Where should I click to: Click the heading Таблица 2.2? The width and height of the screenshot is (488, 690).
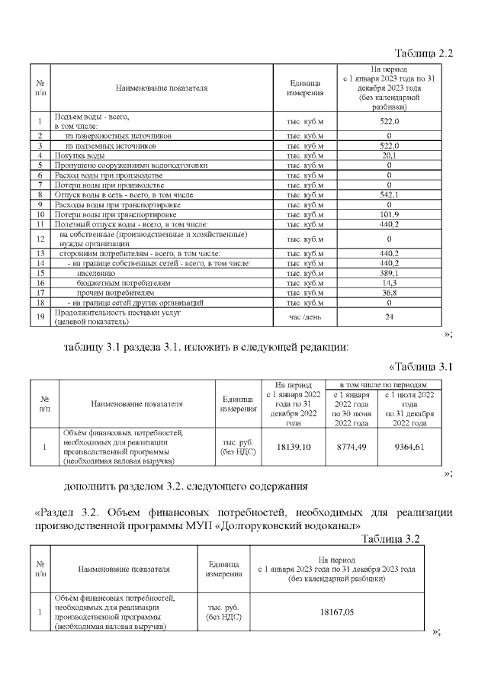[x=423, y=53]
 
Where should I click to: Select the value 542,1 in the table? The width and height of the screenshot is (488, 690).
[x=390, y=195]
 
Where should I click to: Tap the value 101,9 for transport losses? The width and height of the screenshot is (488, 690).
[x=390, y=214]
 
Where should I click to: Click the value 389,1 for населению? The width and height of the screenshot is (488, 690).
[x=390, y=272]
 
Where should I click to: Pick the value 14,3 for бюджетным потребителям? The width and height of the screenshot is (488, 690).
[x=390, y=282]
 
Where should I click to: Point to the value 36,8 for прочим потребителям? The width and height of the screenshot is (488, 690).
[x=390, y=292]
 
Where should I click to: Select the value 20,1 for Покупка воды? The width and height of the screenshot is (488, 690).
[x=390, y=156]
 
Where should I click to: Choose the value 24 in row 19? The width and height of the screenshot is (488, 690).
[x=390, y=316]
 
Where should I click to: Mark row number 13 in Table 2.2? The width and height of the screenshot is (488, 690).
[x=40, y=253]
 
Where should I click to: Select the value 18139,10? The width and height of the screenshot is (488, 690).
[x=293, y=447]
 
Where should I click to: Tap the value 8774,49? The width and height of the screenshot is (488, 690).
[x=352, y=447]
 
